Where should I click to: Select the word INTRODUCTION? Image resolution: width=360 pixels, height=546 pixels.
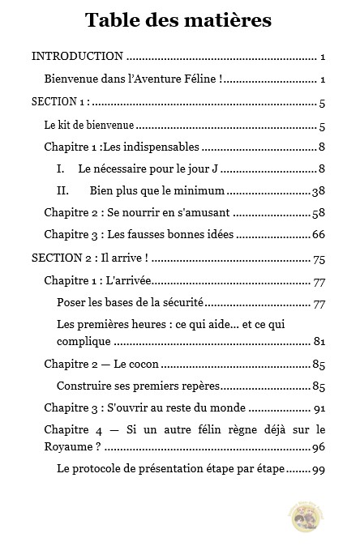[77, 57]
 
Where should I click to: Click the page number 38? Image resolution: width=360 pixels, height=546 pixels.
[319, 191]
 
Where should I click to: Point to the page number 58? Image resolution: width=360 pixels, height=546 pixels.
[319, 213]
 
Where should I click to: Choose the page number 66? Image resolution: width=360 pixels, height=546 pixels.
[319, 235]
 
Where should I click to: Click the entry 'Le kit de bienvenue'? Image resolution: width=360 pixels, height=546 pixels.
[88, 126]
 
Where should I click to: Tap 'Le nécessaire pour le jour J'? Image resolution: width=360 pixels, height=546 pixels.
[149, 169]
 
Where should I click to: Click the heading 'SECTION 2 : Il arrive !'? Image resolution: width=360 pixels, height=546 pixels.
[88, 259]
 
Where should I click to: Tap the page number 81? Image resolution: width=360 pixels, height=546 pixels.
[319, 340]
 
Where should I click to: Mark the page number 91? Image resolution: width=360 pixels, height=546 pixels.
[319, 408]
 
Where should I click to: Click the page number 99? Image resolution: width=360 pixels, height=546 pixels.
[319, 469]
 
